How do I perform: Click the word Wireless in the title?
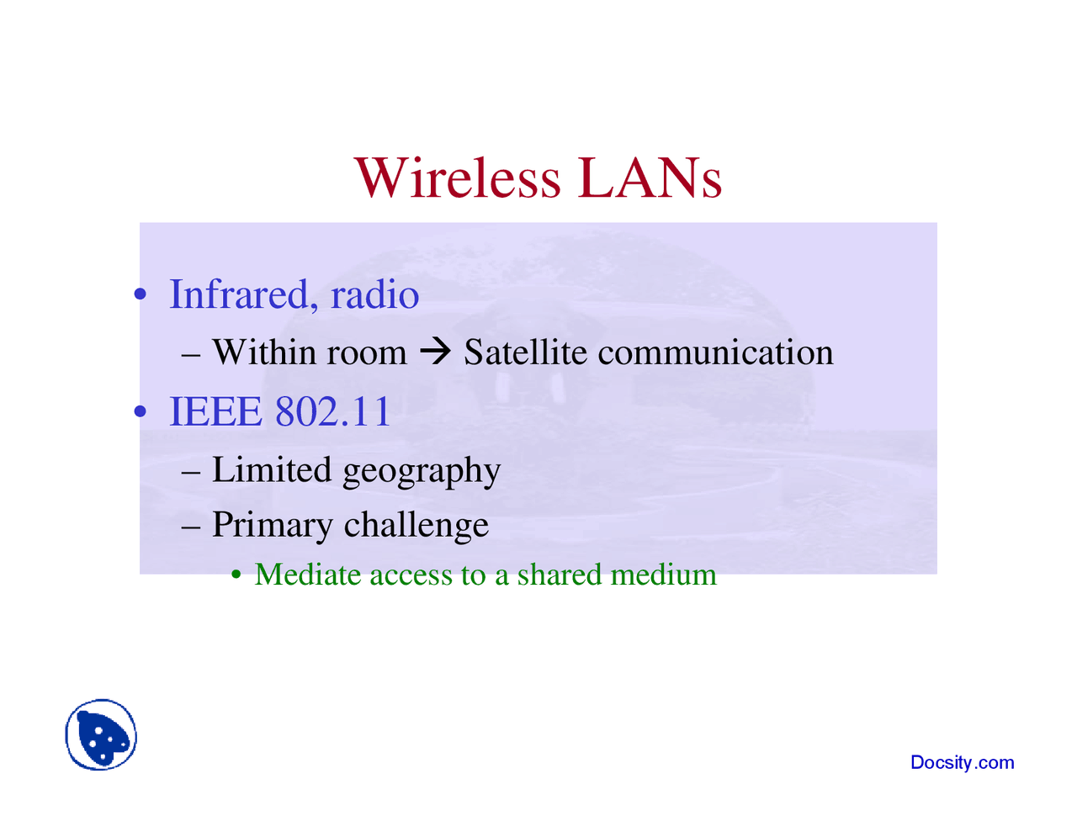click(x=457, y=178)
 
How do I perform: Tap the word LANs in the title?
click(x=650, y=178)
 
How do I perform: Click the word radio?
click(x=374, y=294)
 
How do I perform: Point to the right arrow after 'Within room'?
click(x=435, y=352)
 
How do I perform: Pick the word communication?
click(x=715, y=352)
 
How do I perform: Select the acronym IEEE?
click(x=215, y=411)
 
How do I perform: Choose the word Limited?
click(x=272, y=469)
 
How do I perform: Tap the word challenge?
click(x=416, y=525)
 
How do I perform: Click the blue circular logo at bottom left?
click(x=101, y=734)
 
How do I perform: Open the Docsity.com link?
click(x=962, y=763)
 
